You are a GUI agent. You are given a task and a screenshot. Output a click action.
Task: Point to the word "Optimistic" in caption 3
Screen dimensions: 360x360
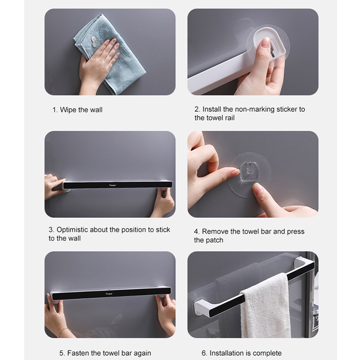(72, 229)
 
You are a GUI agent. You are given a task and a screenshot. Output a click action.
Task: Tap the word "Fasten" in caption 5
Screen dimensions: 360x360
(77, 353)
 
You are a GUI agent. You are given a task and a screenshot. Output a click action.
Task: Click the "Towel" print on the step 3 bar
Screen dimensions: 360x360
(112, 185)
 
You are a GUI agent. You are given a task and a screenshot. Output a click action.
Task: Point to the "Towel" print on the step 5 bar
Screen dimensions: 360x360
(109, 294)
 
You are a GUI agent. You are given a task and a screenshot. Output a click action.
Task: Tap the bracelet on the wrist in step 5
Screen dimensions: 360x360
(63, 331)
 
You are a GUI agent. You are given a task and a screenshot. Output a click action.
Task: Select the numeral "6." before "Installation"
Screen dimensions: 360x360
(204, 353)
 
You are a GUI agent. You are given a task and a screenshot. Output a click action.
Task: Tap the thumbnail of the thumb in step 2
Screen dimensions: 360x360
(266, 43)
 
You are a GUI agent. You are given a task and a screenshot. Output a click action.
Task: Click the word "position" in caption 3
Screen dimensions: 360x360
(133, 230)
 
